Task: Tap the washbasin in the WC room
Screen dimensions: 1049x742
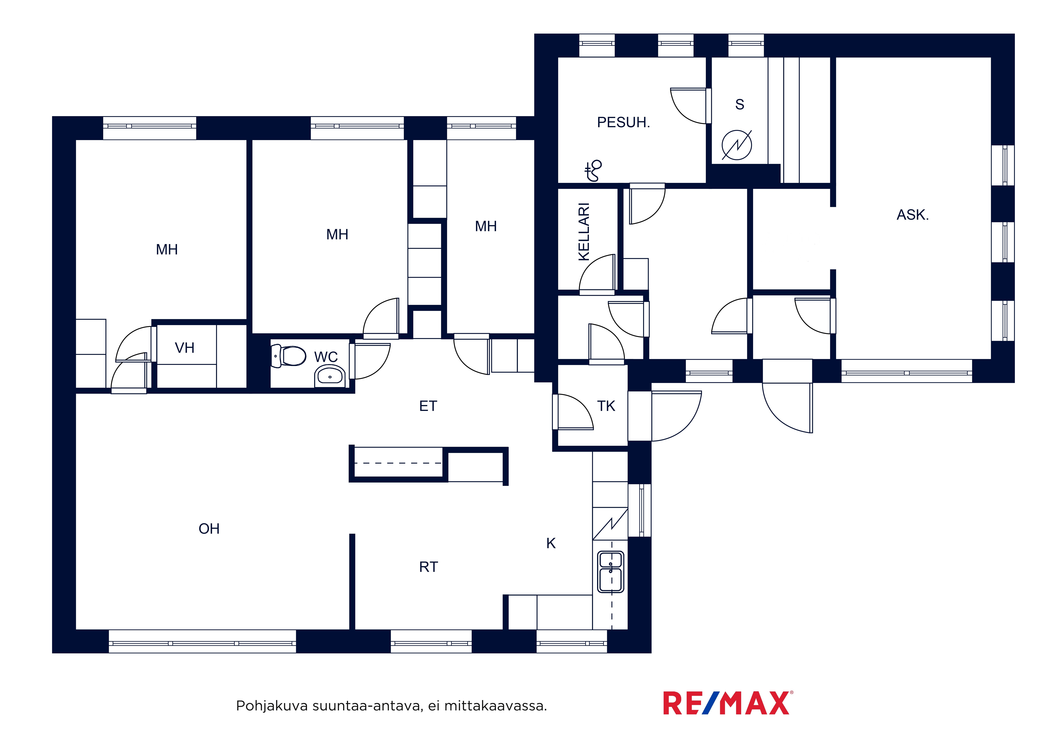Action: [329, 376]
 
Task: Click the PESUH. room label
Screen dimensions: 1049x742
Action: [623, 122]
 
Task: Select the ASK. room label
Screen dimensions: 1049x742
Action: [912, 215]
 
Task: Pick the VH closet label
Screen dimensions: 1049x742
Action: [185, 348]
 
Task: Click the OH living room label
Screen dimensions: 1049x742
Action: [209, 529]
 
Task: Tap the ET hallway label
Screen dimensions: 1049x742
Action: [428, 406]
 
